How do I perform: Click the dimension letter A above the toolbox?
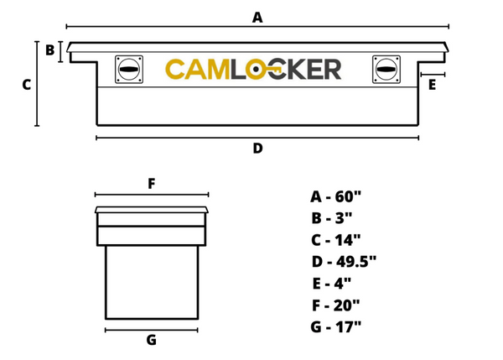point(257,17)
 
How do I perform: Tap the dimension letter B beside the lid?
point(49,50)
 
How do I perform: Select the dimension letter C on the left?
point(26,85)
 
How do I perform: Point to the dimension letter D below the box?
point(257,149)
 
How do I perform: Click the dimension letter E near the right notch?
point(432,85)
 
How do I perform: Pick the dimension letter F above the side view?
point(151,184)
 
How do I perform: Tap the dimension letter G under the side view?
point(151,340)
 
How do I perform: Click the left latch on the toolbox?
point(129,70)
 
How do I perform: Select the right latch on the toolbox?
point(386,70)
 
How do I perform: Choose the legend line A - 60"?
point(335,197)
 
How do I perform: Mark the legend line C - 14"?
point(335,240)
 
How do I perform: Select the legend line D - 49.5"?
point(343,262)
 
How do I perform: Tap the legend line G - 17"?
point(335,327)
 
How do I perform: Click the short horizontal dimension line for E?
point(432,75)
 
